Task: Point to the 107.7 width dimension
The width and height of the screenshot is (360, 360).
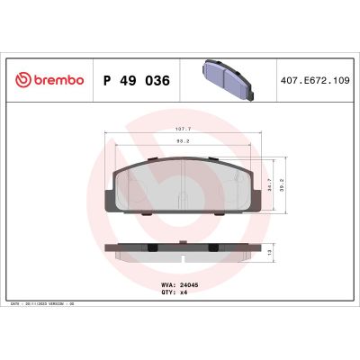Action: pyautogui.click(x=184, y=128)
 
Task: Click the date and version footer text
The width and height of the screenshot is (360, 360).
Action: pyautogui.click(x=54, y=306)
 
